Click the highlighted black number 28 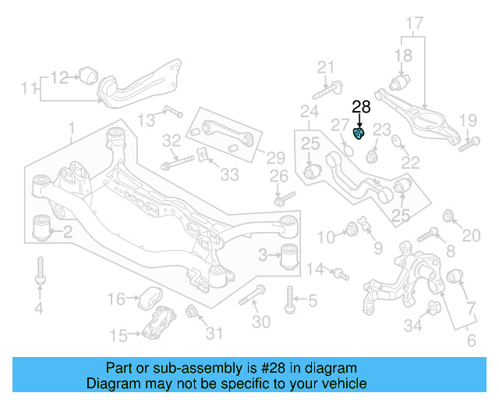point(362,108)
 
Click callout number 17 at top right point(414,23)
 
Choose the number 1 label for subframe point(71,127)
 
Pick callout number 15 point(119,336)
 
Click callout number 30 point(261,321)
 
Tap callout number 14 point(314,270)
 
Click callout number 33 point(229,175)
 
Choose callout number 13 point(147,119)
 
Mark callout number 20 point(472,235)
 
